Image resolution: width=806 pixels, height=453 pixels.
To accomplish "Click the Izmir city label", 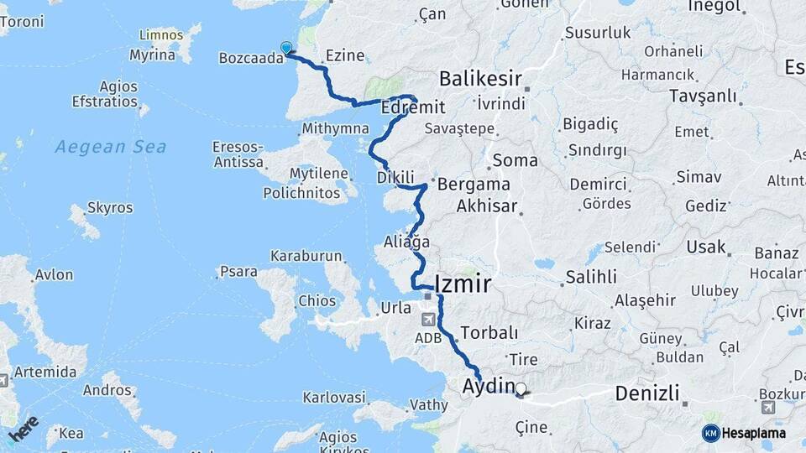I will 463,283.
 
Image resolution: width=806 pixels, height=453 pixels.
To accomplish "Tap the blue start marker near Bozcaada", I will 286,48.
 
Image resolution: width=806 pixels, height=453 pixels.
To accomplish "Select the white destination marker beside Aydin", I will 521,389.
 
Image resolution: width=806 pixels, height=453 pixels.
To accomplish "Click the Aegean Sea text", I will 111,147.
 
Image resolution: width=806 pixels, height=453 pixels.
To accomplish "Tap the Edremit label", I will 413,107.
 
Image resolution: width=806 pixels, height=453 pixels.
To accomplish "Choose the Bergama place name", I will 481,184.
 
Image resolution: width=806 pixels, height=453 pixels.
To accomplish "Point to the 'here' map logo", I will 24,429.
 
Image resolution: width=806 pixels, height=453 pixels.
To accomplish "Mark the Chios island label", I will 317,300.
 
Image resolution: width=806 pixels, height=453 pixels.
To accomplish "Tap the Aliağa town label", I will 406,242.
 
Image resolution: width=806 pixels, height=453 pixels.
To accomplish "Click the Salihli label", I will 591,277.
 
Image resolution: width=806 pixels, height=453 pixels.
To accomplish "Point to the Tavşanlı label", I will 703,96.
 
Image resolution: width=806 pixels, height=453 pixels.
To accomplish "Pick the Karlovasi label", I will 334,396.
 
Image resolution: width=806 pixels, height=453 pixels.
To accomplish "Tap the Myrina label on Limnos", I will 152,55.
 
